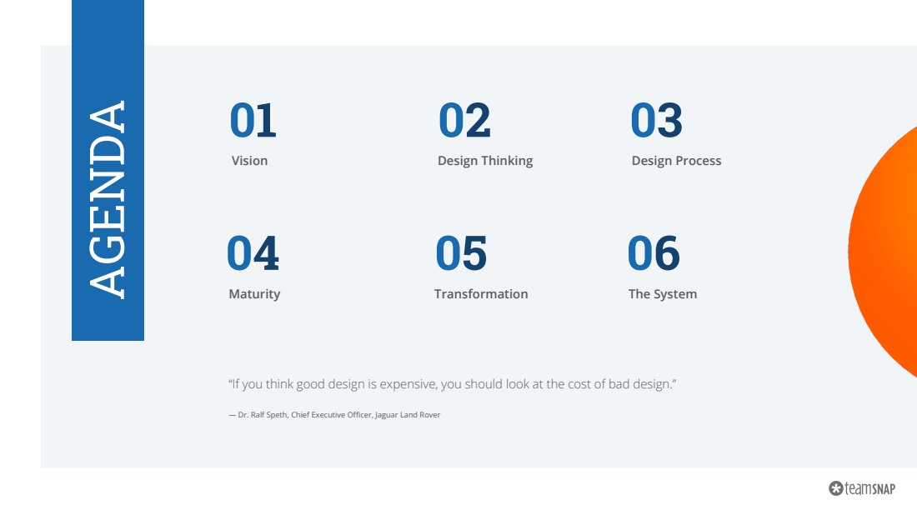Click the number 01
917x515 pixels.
point(253,120)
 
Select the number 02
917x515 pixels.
point(464,120)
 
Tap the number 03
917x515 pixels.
point(656,120)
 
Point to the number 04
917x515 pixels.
point(253,253)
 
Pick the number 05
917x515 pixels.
point(461,253)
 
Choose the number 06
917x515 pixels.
point(654,253)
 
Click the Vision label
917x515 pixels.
point(249,161)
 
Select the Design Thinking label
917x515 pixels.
point(485,161)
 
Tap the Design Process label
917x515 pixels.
point(676,161)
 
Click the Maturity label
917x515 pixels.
point(254,294)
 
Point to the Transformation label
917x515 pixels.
point(481,294)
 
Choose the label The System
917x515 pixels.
point(663,294)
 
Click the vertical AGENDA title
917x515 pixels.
point(107,199)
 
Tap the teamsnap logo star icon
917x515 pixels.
point(835,488)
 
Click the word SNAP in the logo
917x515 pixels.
point(884,489)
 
